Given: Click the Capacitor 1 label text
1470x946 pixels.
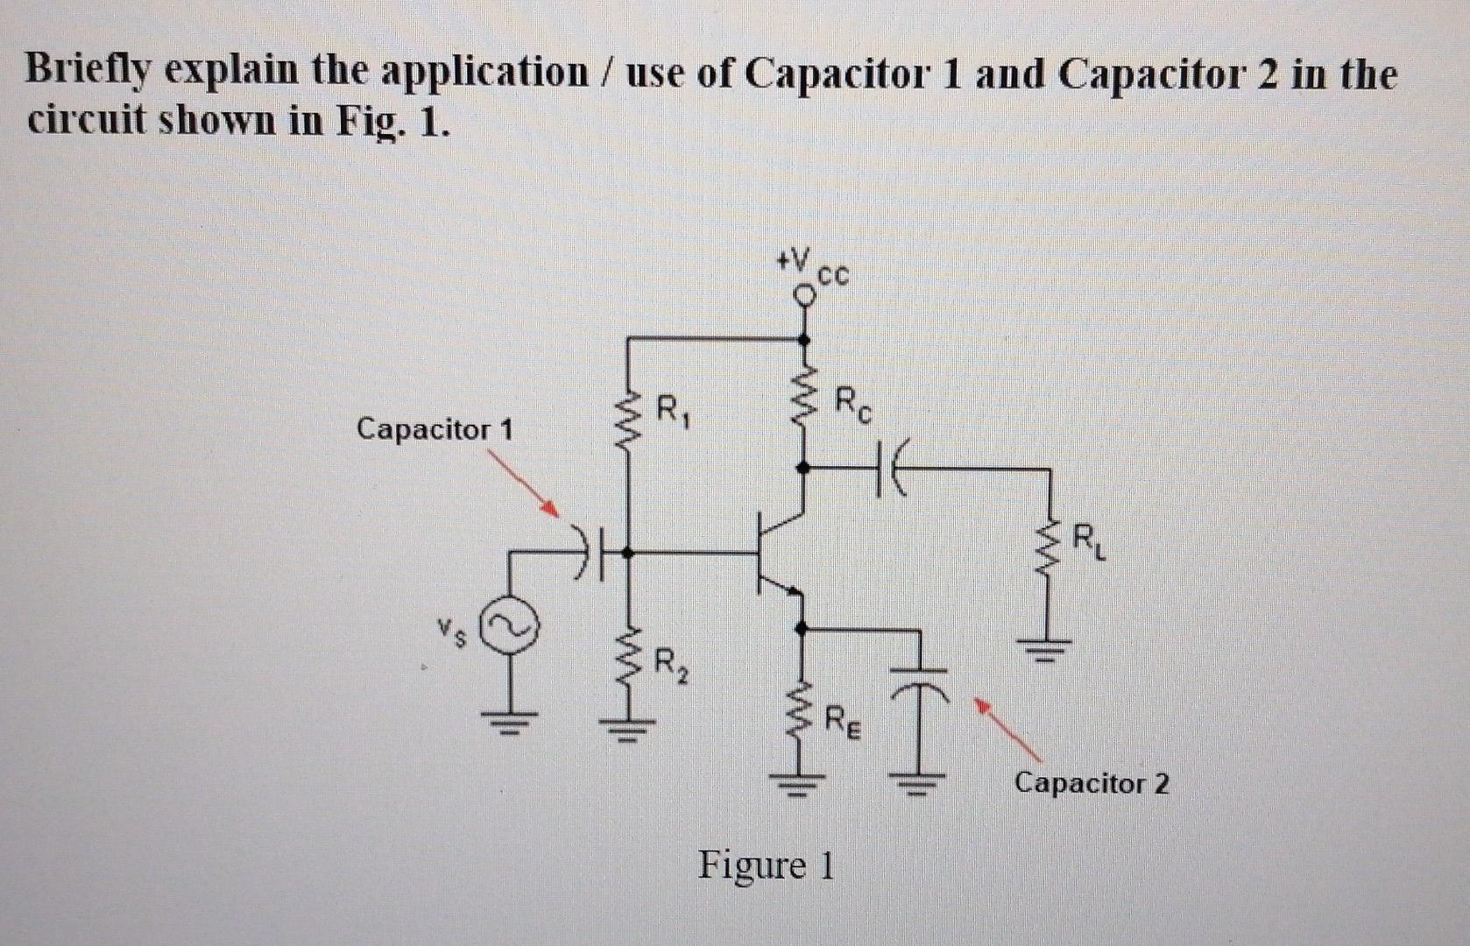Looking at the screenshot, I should pyautogui.click(x=435, y=429).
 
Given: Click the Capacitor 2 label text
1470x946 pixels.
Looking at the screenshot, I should pyautogui.click(x=1091, y=782).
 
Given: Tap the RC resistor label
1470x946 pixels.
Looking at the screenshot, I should pyautogui.click(x=852, y=404).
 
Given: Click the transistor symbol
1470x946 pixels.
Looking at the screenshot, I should pyautogui.click(x=775, y=554).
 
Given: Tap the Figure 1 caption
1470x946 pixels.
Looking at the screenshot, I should pyautogui.click(x=766, y=865).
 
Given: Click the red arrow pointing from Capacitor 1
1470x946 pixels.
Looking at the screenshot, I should pyautogui.click(x=523, y=484).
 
